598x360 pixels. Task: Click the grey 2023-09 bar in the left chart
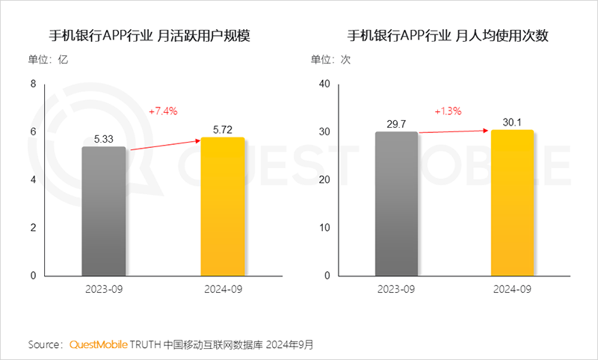104,211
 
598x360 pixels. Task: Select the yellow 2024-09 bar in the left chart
223,206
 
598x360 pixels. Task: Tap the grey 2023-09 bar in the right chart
396,203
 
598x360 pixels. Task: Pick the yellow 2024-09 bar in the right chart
512,202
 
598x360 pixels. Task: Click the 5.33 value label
104,138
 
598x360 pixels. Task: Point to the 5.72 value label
223,129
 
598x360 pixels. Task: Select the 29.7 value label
396,123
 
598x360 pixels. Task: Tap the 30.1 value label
512,122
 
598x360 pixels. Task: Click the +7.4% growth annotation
163,111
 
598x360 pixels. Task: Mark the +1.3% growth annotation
448,111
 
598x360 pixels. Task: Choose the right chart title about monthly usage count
449,36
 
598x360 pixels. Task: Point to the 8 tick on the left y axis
33,84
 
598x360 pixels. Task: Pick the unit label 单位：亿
48,60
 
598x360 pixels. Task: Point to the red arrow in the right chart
453,131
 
